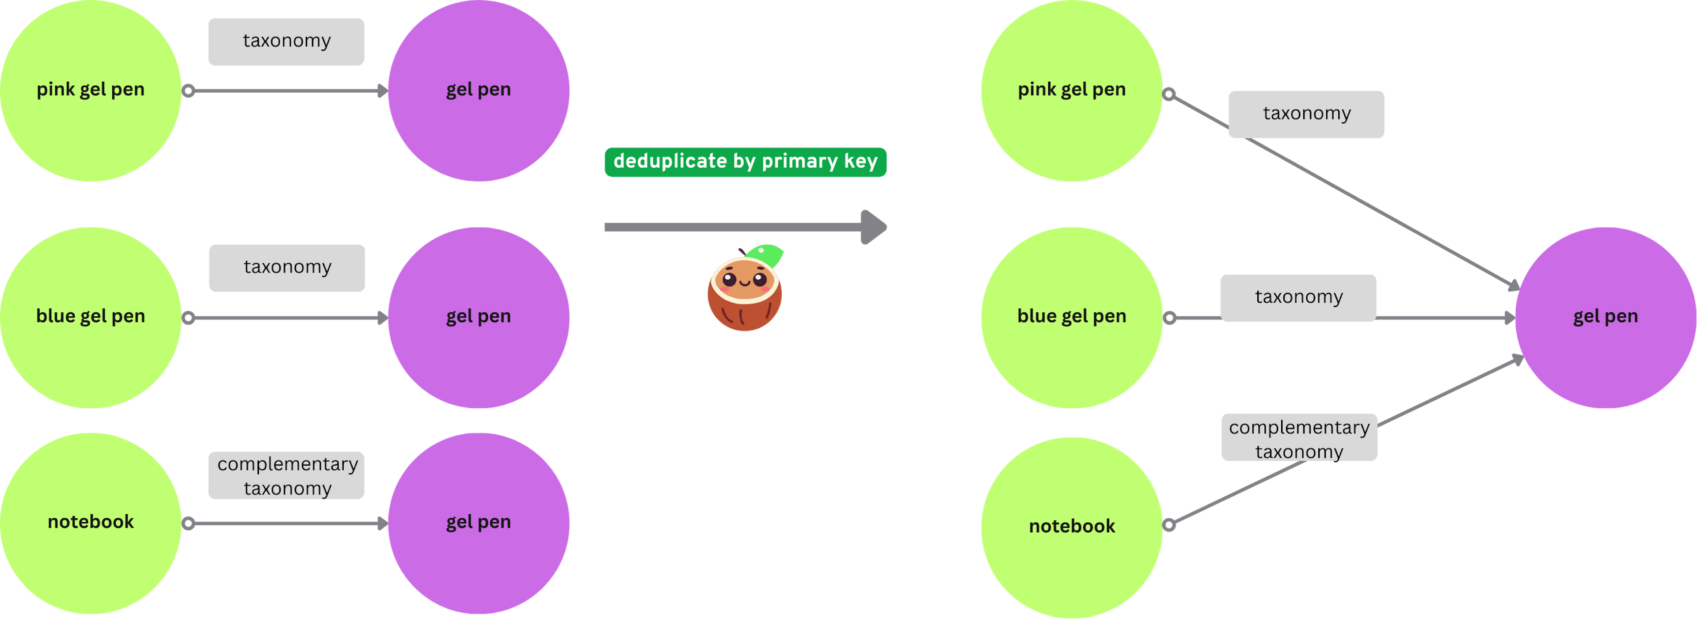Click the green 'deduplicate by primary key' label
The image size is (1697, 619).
(x=745, y=161)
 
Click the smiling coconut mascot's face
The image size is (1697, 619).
(x=744, y=280)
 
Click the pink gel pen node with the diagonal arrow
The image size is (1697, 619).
(x=1071, y=90)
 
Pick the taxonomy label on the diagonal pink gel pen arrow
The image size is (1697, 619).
(x=1306, y=114)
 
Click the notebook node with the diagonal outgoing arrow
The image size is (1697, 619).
(x=1071, y=527)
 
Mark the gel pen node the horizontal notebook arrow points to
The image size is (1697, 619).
(x=478, y=523)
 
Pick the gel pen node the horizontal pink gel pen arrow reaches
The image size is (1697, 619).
(x=478, y=90)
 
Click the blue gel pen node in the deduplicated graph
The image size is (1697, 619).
(x=1071, y=317)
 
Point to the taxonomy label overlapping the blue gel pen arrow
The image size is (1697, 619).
(x=1298, y=298)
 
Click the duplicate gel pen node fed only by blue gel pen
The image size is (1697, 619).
(x=478, y=317)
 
